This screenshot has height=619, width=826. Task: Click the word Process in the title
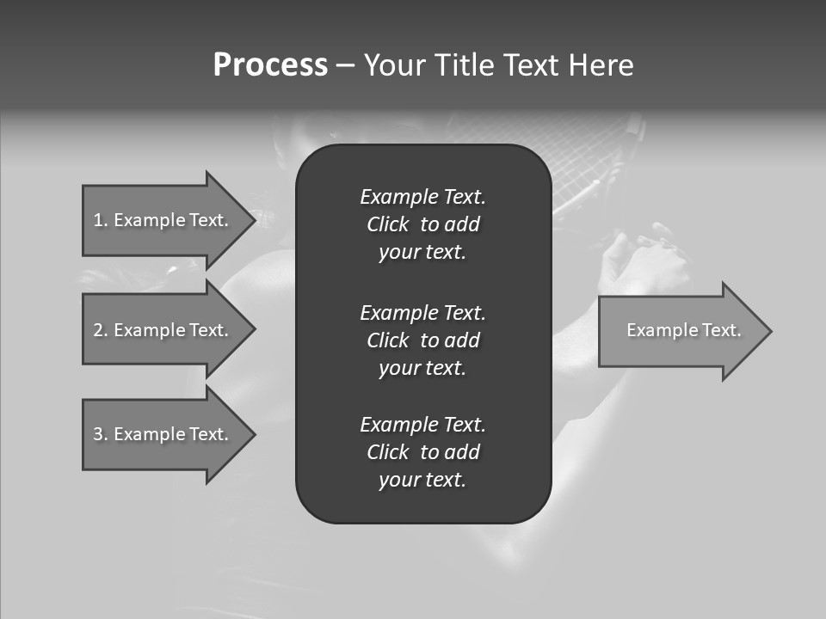click(270, 65)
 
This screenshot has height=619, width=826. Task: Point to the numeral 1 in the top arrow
click(98, 220)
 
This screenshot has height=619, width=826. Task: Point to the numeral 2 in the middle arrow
click(98, 330)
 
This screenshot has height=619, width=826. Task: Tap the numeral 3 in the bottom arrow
click(98, 434)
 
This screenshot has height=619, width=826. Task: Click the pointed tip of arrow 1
click(252, 220)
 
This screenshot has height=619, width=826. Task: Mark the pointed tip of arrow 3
click(252, 434)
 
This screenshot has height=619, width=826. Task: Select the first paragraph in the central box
click(422, 224)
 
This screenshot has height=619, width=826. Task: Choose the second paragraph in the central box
click(422, 340)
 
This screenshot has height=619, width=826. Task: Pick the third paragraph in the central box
click(422, 452)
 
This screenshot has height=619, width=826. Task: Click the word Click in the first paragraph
click(387, 225)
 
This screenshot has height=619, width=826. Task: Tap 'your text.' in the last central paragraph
click(422, 481)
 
